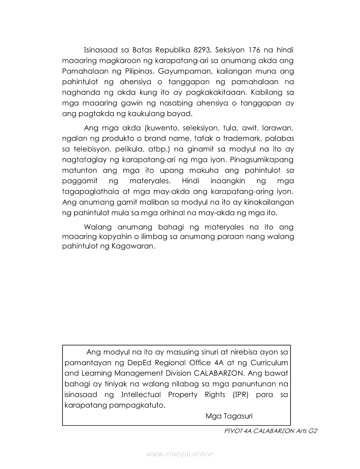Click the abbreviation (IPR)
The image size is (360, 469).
(x=237, y=395)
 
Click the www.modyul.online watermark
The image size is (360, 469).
(x=180, y=454)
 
